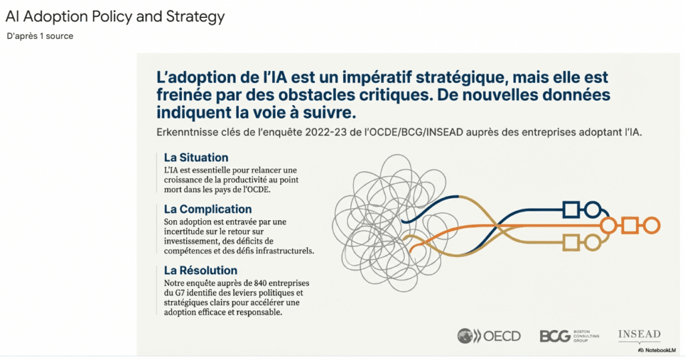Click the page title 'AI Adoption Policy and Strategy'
(x=114, y=17)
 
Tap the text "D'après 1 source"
(x=39, y=36)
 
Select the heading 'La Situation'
(x=196, y=157)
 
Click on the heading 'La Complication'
(x=208, y=209)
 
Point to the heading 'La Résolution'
(x=201, y=270)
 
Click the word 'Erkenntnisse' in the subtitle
(x=186, y=132)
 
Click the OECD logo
(x=488, y=336)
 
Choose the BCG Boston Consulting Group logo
(x=567, y=336)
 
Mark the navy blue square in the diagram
(x=571, y=210)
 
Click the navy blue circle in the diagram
(x=592, y=210)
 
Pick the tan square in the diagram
(x=571, y=242)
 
